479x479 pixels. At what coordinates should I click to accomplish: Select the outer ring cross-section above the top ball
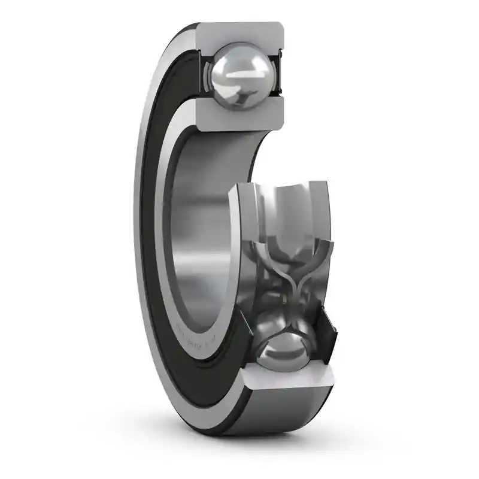pos(239,35)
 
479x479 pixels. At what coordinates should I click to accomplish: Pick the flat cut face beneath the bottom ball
pos(287,377)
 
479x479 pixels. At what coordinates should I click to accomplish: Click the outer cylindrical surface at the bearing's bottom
pos(281,413)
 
